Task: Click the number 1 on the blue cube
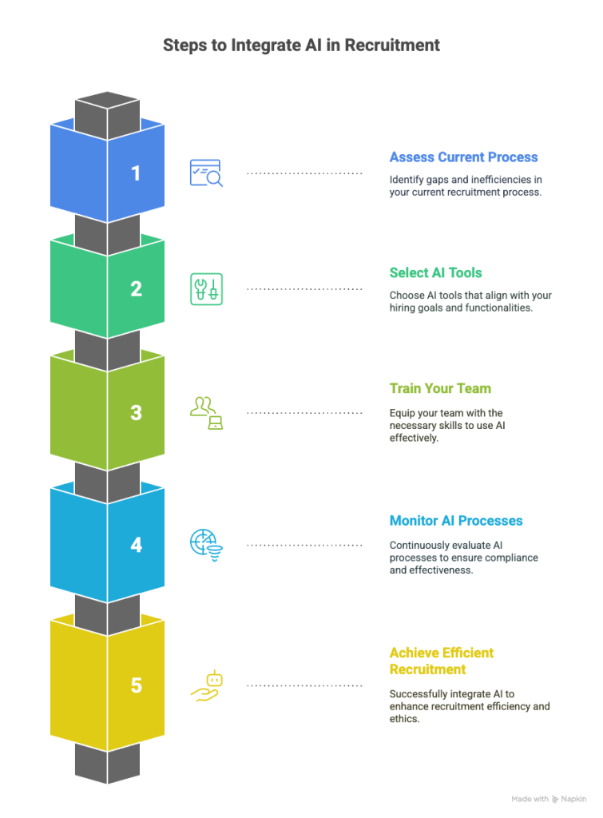click(x=136, y=173)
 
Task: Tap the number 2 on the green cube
click(x=136, y=288)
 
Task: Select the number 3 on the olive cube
click(x=136, y=413)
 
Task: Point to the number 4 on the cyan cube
click(x=136, y=545)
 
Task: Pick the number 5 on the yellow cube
click(x=136, y=685)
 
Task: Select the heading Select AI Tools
click(x=435, y=273)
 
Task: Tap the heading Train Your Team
click(x=440, y=389)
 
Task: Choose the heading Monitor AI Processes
click(x=456, y=521)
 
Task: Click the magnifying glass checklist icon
click(x=206, y=173)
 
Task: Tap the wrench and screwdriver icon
click(x=206, y=289)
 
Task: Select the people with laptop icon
click(x=206, y=413)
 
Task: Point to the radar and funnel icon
click(x=206, y=545)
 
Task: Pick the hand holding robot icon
click(x=207, y=685)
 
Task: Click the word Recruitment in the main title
click(x=392, y=46)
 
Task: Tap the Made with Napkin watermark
click(x=549, y=799)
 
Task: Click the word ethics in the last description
click(x=404, y=719)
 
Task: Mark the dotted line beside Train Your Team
click(x=304, y=413)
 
